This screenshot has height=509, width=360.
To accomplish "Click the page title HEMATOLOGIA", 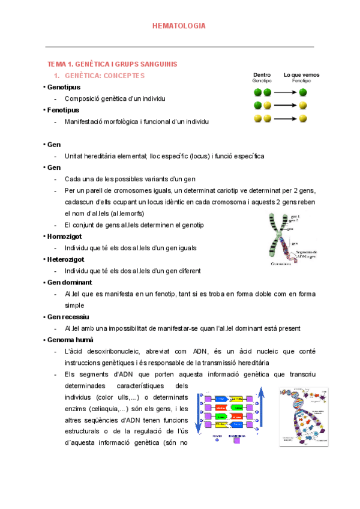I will click(x=179, y=26).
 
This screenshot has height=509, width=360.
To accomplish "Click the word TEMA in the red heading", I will click(x=56, y=64).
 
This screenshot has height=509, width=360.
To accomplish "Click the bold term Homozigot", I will click(x=64, y=236).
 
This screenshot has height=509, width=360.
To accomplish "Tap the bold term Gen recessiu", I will click(x=68, y=317).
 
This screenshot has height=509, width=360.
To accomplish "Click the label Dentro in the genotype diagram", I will click(x=262, y=75).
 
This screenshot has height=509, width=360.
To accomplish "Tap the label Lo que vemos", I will click(x=301, y=75).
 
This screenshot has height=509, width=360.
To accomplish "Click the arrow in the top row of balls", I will click(x=285, y=92).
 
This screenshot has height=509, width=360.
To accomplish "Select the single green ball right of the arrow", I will click(x=304, y=92).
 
